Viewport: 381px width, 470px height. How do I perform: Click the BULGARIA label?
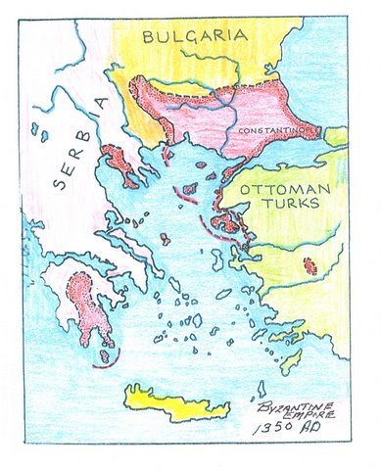[x=192, y=37]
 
